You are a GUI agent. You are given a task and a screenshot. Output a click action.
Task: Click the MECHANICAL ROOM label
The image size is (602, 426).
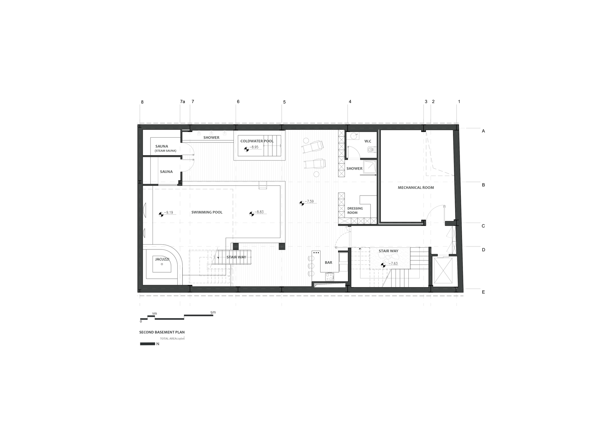[416, 188]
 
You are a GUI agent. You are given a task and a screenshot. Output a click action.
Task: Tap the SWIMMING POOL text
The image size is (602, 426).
[207, 212]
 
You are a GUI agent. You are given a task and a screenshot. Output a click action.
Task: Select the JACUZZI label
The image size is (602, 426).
[162, 259]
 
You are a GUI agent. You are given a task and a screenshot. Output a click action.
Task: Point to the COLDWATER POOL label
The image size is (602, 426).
[257, 141]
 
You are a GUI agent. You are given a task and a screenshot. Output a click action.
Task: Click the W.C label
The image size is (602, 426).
[368, 141]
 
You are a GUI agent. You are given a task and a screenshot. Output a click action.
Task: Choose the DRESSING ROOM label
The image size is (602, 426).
[355, 211]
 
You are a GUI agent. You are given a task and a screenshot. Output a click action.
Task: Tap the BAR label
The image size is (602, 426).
[328, 263]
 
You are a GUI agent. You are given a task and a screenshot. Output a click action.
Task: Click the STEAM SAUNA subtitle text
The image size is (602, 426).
[166, 151]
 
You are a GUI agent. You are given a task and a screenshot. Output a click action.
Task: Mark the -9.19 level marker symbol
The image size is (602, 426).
[161, 214]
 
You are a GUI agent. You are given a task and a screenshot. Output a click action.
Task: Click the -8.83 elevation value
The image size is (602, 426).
[259, 212]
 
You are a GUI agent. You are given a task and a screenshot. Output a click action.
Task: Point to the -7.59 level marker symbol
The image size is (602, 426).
[302, 203]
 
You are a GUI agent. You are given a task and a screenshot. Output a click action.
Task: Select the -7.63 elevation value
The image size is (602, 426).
[393, 264]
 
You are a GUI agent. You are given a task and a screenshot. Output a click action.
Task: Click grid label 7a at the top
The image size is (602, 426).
[182, 102]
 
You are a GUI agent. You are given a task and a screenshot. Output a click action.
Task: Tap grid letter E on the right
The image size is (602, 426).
[483, 292]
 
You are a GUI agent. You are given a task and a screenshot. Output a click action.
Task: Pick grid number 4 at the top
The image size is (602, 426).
[350, 102]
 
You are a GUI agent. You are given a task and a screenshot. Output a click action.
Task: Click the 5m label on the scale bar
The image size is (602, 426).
[213, 312]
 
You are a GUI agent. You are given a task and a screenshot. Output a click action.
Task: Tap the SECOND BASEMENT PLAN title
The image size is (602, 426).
[162, 332]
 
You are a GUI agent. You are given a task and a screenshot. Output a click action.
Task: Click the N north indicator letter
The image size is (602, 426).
[158, 344]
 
